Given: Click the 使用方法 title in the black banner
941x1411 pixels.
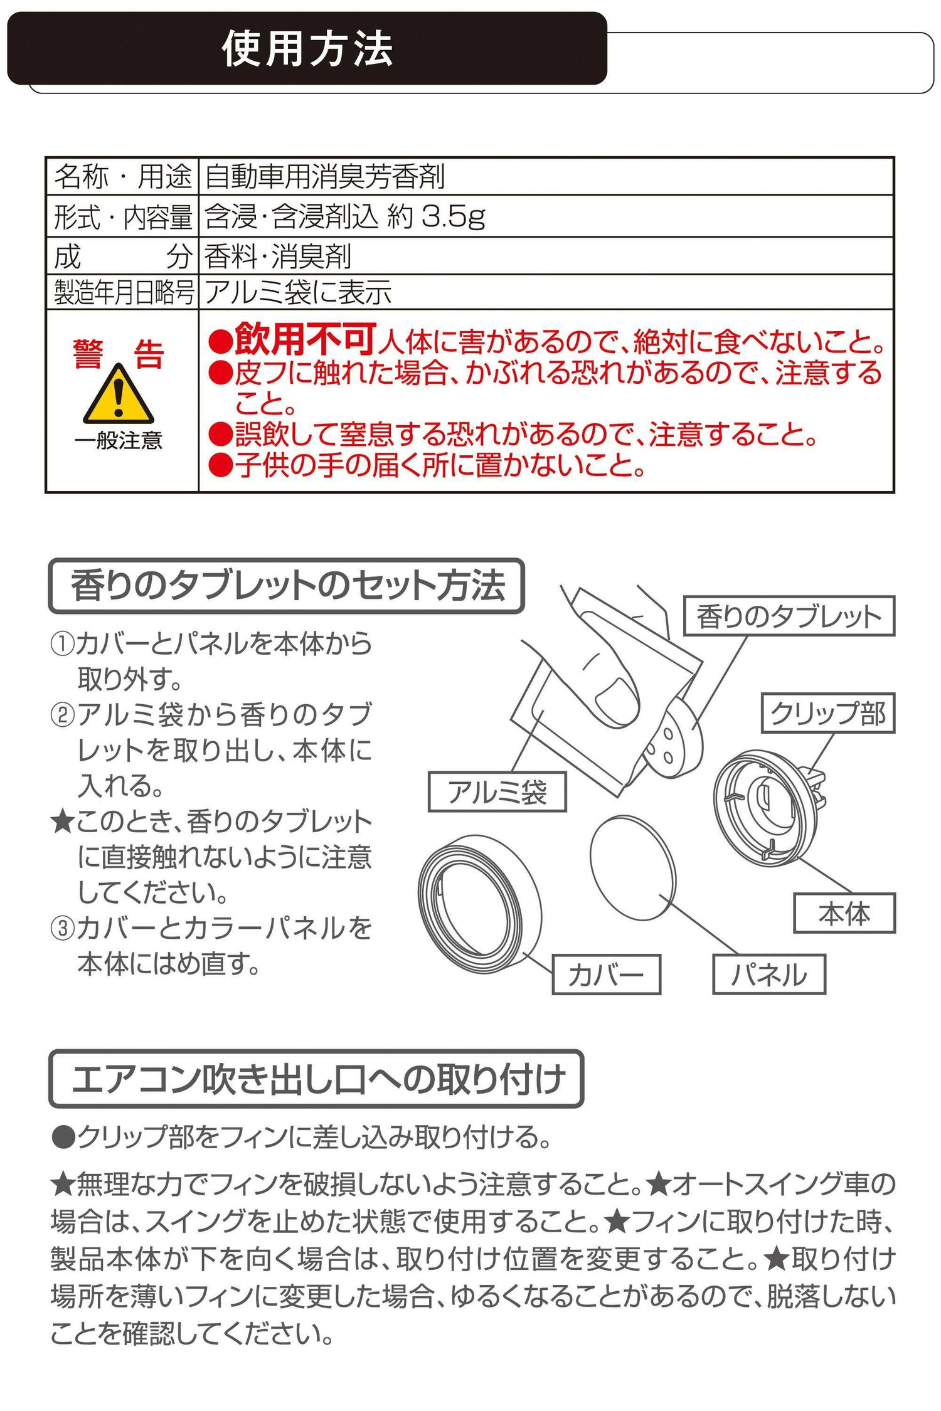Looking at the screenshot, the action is point(307,49).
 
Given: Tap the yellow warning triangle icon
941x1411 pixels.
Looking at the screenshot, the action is point(118,395).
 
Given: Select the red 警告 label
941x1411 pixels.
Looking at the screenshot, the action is point(118,354).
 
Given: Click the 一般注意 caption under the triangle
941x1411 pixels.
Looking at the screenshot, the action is point(118,440).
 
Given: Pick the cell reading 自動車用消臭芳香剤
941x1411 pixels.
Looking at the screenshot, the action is point(324,177).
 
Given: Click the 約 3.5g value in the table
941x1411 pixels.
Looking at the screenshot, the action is point(437,216).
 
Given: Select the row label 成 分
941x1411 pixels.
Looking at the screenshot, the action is point(123,256).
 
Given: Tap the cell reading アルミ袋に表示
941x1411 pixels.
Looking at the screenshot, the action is point(298,292).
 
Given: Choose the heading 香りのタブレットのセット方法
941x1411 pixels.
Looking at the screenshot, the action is point(287,586).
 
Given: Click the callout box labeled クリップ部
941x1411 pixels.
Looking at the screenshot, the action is point(828,713).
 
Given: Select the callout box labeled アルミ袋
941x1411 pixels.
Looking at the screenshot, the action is point(497,792).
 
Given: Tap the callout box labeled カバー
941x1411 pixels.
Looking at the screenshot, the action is point(607,975).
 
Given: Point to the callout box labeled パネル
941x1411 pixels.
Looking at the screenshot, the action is point(769,975).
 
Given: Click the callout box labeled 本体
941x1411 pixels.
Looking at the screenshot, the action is point(844,913).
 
